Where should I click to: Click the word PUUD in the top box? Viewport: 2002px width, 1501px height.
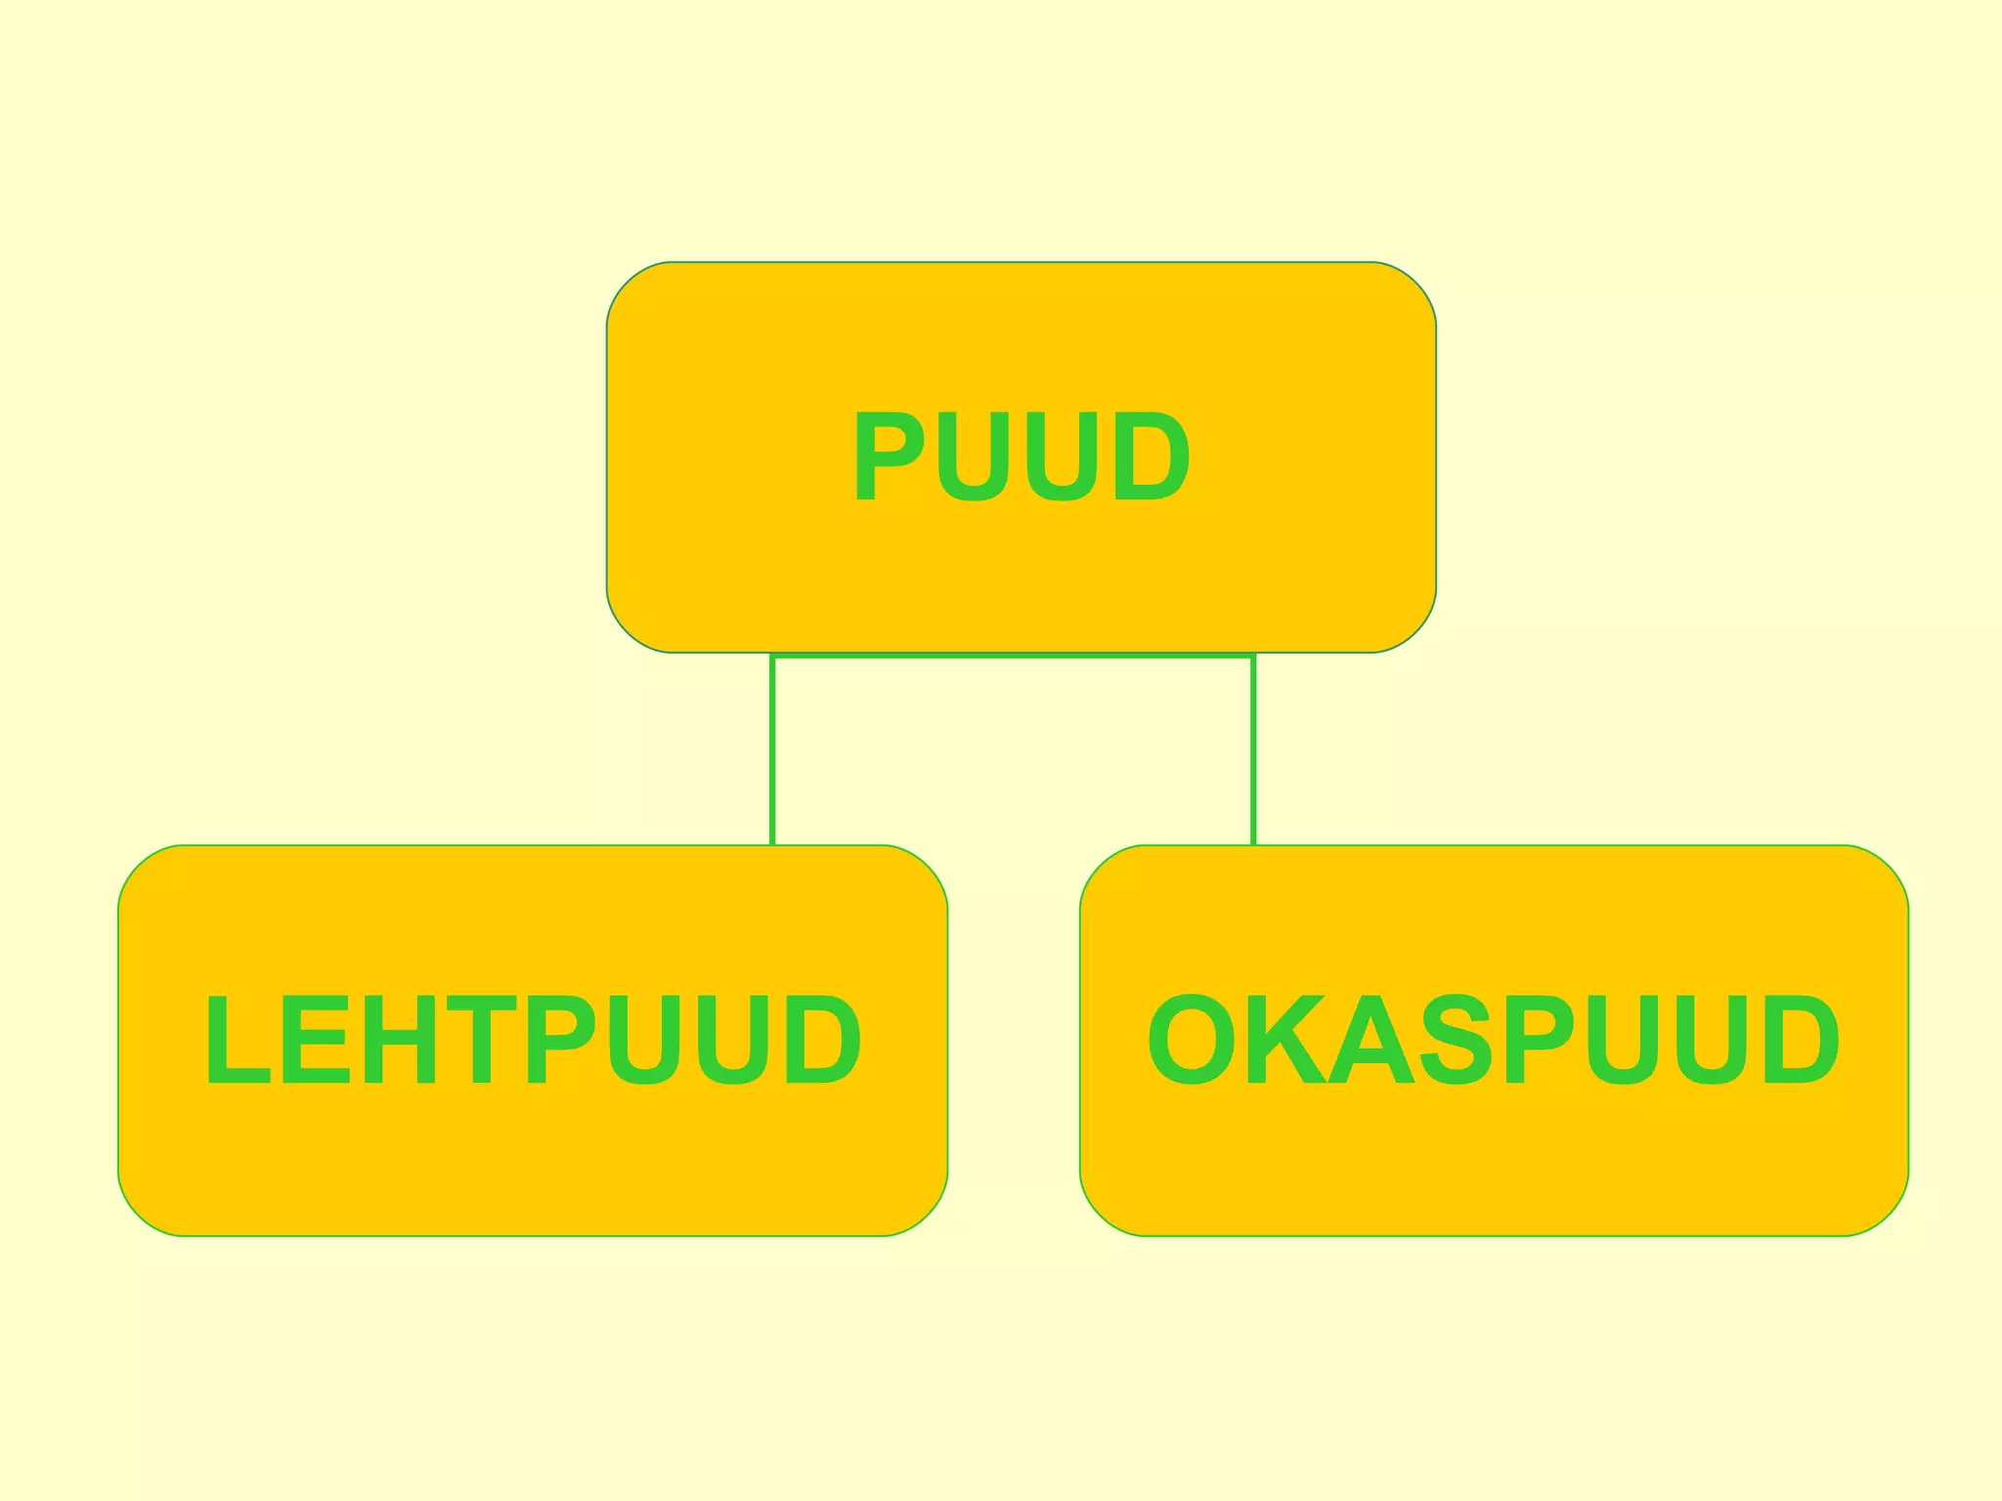coord(1021,455)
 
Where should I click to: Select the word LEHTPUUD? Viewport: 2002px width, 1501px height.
coord(533,1039)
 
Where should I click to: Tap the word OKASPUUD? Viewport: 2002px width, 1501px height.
coord(1493,1039)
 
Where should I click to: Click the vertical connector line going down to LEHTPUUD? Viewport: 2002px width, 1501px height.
coord(772,752)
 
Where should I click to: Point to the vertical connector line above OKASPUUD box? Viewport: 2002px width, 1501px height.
coord(1253,752)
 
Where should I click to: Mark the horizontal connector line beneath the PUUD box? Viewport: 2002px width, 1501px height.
coord(1013,657)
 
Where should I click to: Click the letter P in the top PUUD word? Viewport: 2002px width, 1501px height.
coord(886,455)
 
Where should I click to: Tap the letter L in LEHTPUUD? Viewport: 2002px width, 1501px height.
coord(235,1039)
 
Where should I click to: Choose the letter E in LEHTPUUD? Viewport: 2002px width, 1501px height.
coord(315,1039)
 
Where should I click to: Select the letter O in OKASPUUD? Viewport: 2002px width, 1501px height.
coord(1191,1039)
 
